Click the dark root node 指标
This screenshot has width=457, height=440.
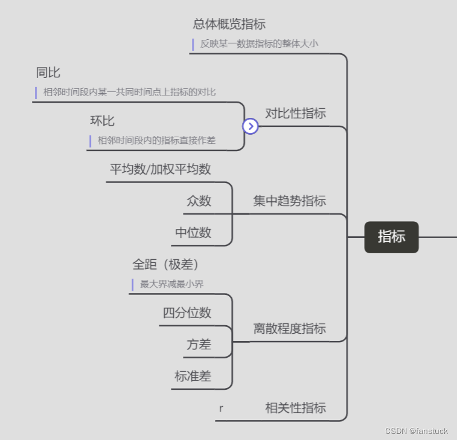click(391, 237)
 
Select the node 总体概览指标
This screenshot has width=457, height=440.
click(229, 24)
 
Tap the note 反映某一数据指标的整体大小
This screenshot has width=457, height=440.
click(259, 44)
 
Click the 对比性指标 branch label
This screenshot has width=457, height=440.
click(295, 113)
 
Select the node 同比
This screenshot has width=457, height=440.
click(48, 73)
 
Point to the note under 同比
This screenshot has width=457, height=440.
click(129, 92)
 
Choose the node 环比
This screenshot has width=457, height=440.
click(102, 121)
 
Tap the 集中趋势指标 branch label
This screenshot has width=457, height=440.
click(289, 201)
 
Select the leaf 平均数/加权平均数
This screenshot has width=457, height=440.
click(160, 169)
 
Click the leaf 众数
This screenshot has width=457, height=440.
click(199, 201)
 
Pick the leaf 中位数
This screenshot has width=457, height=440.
click(193, 233)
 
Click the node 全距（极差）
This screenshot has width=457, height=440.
click(165, 264)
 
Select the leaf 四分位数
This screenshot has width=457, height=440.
click(187, 312)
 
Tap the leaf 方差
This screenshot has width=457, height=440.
click(199, 345)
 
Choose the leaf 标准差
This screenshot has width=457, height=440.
click(193, 376)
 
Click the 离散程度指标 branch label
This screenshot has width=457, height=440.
click(289, 328)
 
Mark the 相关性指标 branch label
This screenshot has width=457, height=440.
click(295, 408)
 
